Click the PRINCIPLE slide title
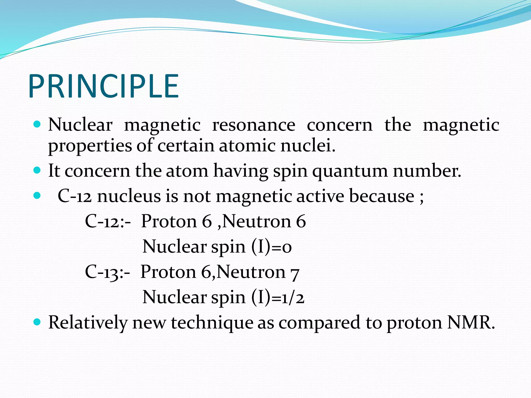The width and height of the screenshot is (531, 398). click(104, 86)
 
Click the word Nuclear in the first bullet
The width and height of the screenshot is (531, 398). click(80, 125)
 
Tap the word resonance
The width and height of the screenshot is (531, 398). click(254, 125)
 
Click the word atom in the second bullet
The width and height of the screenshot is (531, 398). click(187, 171)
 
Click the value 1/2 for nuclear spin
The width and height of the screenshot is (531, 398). click(293, 297)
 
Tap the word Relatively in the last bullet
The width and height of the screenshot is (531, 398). click(88, 323)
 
